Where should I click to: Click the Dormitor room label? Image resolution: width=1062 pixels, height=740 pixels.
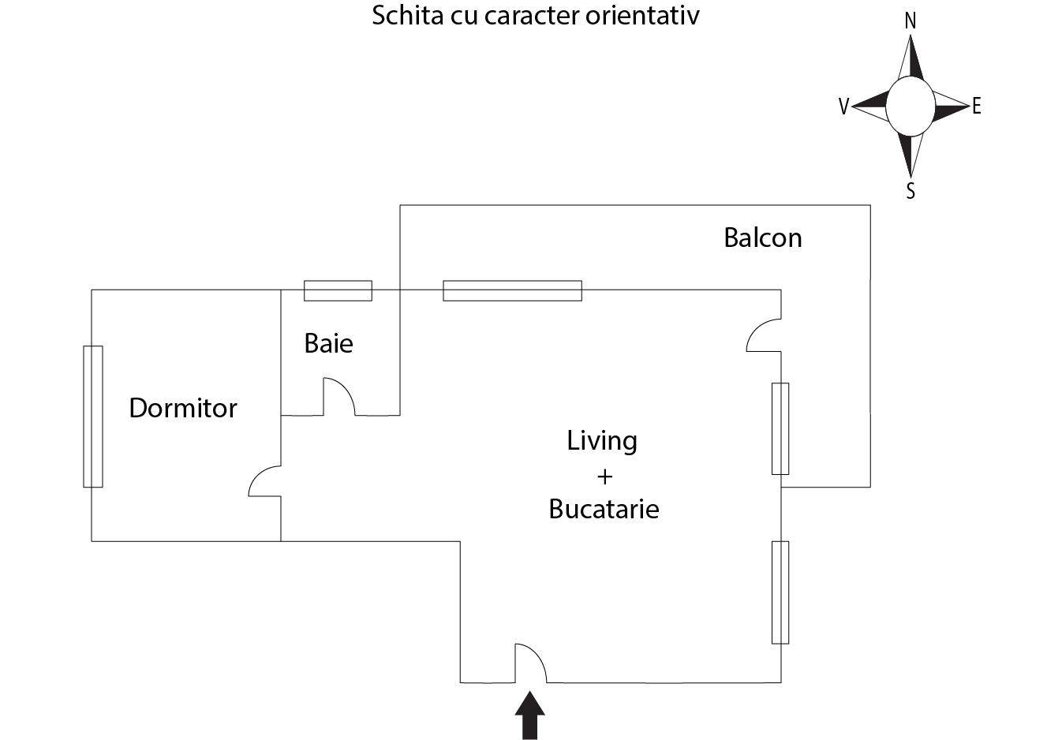pyautogui.click(x=182, y=408)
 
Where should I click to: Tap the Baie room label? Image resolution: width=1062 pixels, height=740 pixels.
pyautogui.click(x=328, y=343)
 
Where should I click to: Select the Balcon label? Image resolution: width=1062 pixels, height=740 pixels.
pyautogui.click(x=762, y=237)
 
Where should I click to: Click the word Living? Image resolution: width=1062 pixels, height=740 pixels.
pyautogui.click(x=601, y=440)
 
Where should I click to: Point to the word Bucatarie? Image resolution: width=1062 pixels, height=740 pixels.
pyautogui.click(x=604, y=509)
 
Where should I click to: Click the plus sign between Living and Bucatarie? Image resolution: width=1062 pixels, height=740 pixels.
pyautogui.click(x=604, y=476)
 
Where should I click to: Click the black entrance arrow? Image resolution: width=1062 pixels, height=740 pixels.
pyautogui.click(x=529, y=716)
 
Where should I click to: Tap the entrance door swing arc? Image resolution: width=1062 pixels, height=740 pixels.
pyautogui.click(x=532, y=660)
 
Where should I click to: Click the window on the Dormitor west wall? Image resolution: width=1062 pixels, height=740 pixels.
pyautogui.click(x=93, y=416)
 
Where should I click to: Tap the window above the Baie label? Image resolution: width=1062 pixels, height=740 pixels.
pyautogui.click(x=338, y=290)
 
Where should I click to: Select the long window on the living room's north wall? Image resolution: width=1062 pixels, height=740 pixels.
pyautogui.click(x=512, y=290)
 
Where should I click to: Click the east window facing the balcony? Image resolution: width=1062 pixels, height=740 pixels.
pyautogui.click(x=780, y=428)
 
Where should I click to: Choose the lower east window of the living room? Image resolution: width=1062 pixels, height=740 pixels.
pyautogui.click(x=780, y=592)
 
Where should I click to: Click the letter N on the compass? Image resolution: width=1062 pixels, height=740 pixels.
pyautogui.click(x=910, y=21)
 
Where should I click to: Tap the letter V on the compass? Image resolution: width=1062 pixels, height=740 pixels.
pyautogui.click(x=843, y=107)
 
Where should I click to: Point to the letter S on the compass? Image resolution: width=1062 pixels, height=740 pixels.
pyautogui.click(x=910, y=191)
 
